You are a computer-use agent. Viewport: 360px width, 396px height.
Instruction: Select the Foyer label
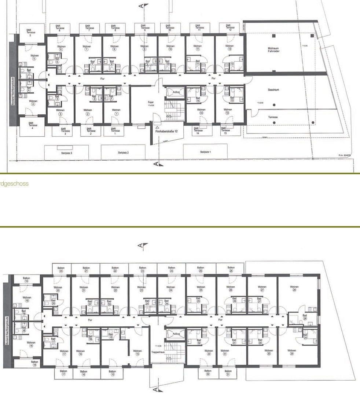pos(151,103)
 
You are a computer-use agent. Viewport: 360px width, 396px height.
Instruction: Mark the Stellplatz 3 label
pos(66,153)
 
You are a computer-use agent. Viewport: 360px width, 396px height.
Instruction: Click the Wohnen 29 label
pos(292,351)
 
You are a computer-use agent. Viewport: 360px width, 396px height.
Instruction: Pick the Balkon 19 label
pos(26,279)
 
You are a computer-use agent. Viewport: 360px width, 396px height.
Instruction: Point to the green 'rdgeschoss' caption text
pos(14,184)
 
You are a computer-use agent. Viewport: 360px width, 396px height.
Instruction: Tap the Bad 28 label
pos(305,317)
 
